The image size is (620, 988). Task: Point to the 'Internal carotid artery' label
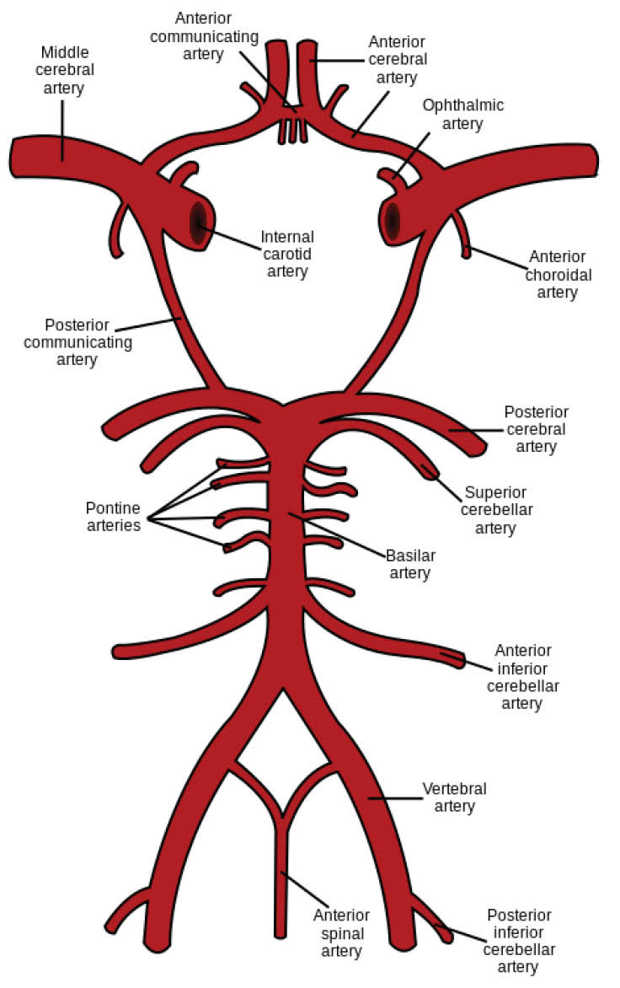point(287,254)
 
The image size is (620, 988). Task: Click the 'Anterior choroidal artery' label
point(558,274)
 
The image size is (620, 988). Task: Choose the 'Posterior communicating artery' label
point(77,342)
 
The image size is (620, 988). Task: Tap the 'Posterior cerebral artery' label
point(536,429)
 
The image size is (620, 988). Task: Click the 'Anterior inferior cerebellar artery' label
point(522,676)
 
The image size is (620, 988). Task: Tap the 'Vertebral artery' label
point(454,797)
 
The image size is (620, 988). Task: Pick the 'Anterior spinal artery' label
point(341,933)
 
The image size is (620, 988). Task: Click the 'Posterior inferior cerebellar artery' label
point(519,941)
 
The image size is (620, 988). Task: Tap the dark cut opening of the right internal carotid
point(392,222)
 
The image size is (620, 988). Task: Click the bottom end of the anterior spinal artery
point(281,932)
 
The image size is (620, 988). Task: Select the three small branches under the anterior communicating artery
point(291,131)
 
